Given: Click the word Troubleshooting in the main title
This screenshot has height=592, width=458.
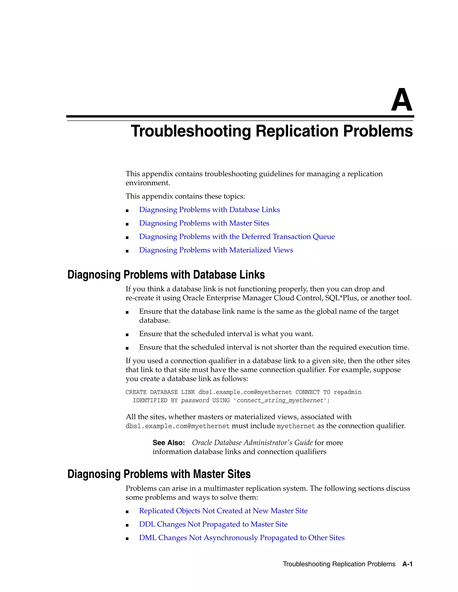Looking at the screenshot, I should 191,131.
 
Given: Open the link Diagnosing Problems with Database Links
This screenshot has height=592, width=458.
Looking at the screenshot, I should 209,210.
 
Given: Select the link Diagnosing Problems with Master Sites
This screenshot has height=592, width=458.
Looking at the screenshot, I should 204,223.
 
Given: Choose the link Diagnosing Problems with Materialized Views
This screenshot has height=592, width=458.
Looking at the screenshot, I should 216,250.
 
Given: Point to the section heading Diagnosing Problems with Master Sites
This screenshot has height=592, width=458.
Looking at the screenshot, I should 159,474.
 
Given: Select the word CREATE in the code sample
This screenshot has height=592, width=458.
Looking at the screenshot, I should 136,392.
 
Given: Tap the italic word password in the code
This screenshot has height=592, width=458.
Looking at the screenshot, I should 195,400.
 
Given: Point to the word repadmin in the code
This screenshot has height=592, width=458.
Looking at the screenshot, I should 347,392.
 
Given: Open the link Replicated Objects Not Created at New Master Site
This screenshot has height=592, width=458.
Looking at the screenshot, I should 223,511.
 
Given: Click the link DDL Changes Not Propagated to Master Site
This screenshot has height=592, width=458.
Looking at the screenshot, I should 213,524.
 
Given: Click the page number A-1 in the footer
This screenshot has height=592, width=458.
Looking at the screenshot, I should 407,564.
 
